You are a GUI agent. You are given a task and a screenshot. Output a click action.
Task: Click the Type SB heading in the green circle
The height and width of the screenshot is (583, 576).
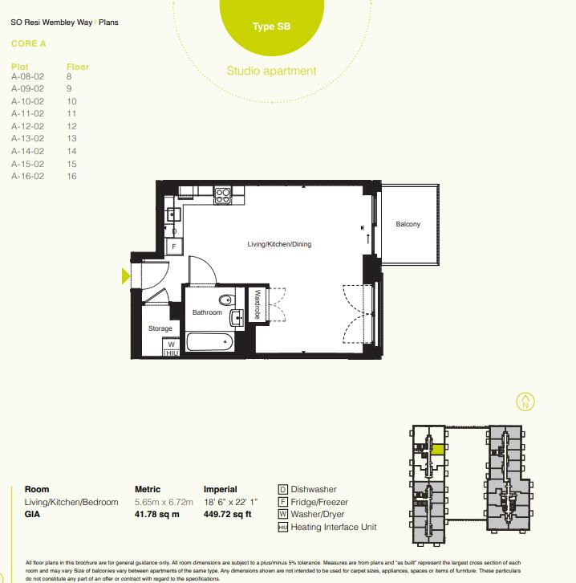click(271, 26)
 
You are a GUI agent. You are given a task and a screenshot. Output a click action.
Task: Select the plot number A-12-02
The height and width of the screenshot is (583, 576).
click(27, 127)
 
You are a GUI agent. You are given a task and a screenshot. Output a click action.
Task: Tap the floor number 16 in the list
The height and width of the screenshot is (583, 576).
click(71, 176)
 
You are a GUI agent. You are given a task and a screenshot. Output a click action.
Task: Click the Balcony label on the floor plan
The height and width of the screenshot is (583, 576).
click(408, 224)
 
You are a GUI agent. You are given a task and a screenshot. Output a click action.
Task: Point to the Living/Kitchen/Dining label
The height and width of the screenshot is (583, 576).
click(278, 244)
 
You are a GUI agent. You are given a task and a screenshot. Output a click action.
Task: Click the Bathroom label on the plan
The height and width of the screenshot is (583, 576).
click(207, 312)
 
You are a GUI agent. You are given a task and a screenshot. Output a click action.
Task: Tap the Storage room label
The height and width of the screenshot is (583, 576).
click(160, 329)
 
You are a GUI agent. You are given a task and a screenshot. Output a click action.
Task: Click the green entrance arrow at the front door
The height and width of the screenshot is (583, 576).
click(125, 276)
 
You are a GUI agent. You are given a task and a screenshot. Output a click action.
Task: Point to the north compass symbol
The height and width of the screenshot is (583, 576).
click(525, 401)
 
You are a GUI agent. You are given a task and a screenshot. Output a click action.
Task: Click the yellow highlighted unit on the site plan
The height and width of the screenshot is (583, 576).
click(437, 450)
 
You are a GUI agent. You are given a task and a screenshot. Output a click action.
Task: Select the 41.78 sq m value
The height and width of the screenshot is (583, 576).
click(157, 514)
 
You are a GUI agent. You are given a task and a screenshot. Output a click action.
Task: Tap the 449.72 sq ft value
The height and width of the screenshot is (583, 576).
click(229, 514)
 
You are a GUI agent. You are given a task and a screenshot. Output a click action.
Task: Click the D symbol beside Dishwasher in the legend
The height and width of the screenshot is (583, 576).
click(282, 489)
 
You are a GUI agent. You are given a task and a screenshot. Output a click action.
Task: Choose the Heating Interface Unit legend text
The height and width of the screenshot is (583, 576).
click(333, 528)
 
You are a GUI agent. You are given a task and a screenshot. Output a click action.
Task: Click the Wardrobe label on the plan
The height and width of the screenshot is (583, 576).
click(258, 305)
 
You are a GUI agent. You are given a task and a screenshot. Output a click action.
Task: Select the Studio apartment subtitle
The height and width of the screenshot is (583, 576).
click(271, 71)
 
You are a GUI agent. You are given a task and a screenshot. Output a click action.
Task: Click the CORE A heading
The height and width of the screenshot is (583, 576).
click(29, 44)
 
